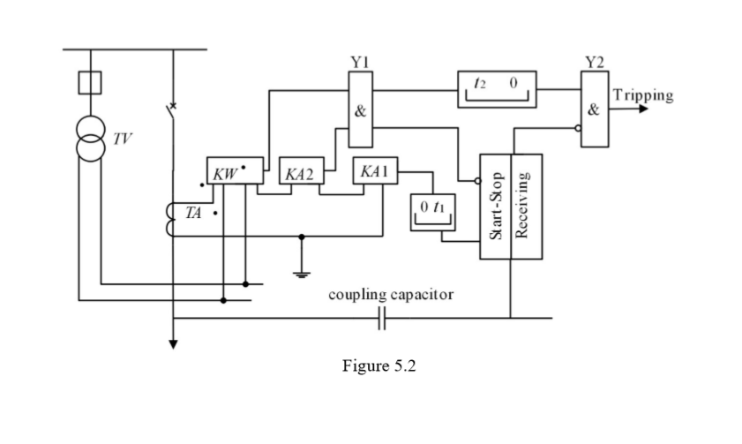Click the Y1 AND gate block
(x=361, y=111)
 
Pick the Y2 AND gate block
(x=593, y=111)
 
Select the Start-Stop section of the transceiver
(x=495, y=207)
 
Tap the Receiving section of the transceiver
(x=526, y=207)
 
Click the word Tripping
(x=642, y=95)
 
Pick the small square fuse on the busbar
(x=91, y=83)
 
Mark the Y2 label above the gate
(x=594, y=63)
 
